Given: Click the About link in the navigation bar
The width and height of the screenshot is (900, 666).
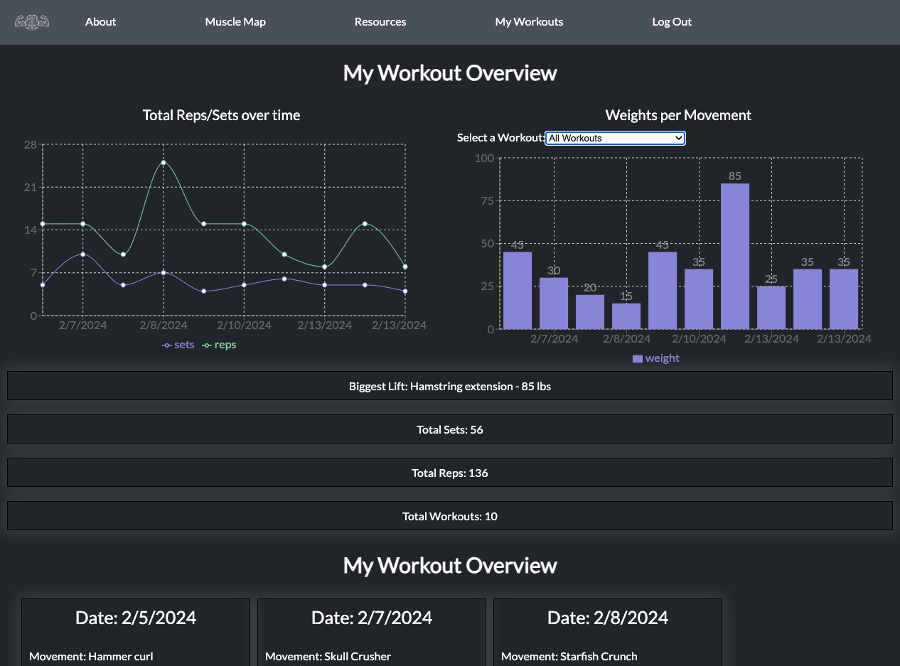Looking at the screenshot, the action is [100, 22].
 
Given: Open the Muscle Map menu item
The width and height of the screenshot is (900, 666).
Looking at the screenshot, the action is [235, 22].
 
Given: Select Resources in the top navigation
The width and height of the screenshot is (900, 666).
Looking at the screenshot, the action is [380, 22].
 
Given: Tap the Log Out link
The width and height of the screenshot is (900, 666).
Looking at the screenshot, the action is [672, 22].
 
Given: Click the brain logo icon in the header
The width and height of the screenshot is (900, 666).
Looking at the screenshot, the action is [32, 22].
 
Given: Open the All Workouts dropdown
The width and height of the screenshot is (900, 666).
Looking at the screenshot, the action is [615, 138].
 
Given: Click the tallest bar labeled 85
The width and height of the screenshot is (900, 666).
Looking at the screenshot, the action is [735, 256].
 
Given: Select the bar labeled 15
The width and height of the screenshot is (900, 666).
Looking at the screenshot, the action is [626, 316].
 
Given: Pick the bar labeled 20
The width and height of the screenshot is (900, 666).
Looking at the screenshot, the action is [590, 312].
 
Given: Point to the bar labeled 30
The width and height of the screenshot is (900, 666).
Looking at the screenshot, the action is [554, 304].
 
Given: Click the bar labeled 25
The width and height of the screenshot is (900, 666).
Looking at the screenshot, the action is [771, 308].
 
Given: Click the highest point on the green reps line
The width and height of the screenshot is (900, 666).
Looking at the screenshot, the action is [164, 163].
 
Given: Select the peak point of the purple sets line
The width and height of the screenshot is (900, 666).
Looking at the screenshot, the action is [82, 254].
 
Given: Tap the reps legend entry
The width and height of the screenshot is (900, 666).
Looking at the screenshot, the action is [219, 345].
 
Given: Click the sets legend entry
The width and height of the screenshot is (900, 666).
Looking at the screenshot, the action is [178, 345].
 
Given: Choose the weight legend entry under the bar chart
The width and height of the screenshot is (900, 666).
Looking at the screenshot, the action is [655, 358].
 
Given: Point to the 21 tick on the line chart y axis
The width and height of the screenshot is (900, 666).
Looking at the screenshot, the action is [31, 188].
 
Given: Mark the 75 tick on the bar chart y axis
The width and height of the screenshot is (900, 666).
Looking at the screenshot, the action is [487, 201].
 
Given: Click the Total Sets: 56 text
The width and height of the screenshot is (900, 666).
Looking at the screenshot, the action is [449, 429].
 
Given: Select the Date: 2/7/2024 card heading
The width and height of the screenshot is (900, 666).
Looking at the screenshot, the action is [372, 618].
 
